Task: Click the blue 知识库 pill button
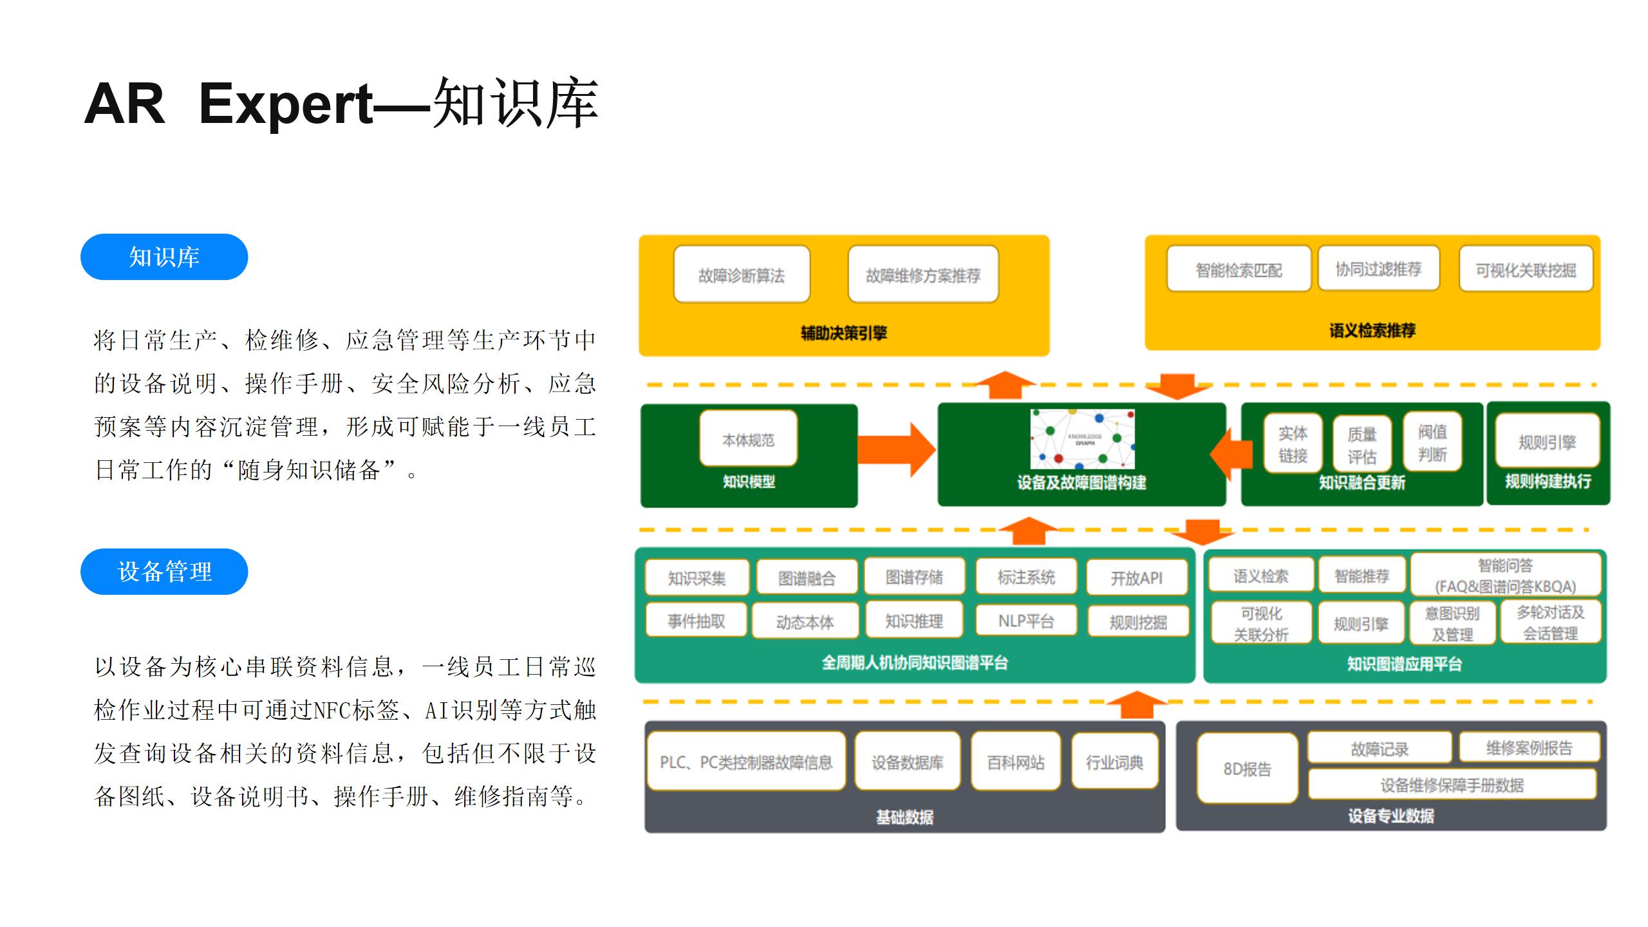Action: point(164,257)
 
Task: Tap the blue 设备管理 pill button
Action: point(164,572)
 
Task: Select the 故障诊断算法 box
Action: point(742,275)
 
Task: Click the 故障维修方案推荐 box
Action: point(923,275)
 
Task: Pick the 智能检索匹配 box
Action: point(1239,269)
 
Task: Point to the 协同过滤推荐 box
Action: point(1378,268)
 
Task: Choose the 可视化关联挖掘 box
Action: point(1526,269)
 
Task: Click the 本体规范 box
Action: point(748,439)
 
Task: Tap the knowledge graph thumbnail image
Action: point(1082,438)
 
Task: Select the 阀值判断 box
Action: point(1432,442)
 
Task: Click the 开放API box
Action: point(1137,577)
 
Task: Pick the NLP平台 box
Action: point(1026,621)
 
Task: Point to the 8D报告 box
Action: point(1247,769)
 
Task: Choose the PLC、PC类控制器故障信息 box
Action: point(746,762)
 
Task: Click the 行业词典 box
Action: point(1114,762)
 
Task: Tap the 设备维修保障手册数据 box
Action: point(1452,785)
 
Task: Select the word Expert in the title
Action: point(286,104)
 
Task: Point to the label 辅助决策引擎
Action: point(843,333)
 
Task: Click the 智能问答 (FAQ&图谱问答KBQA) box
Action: point(1505,575)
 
